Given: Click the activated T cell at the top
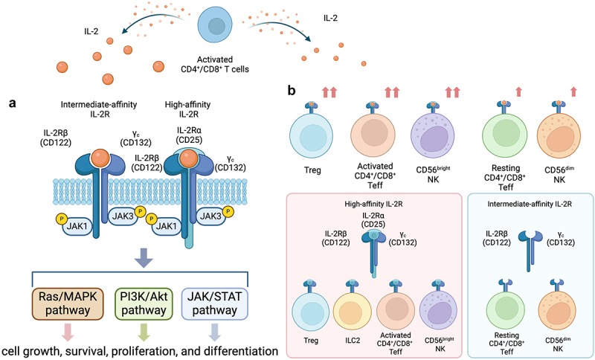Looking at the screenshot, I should (x=216, y=27).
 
